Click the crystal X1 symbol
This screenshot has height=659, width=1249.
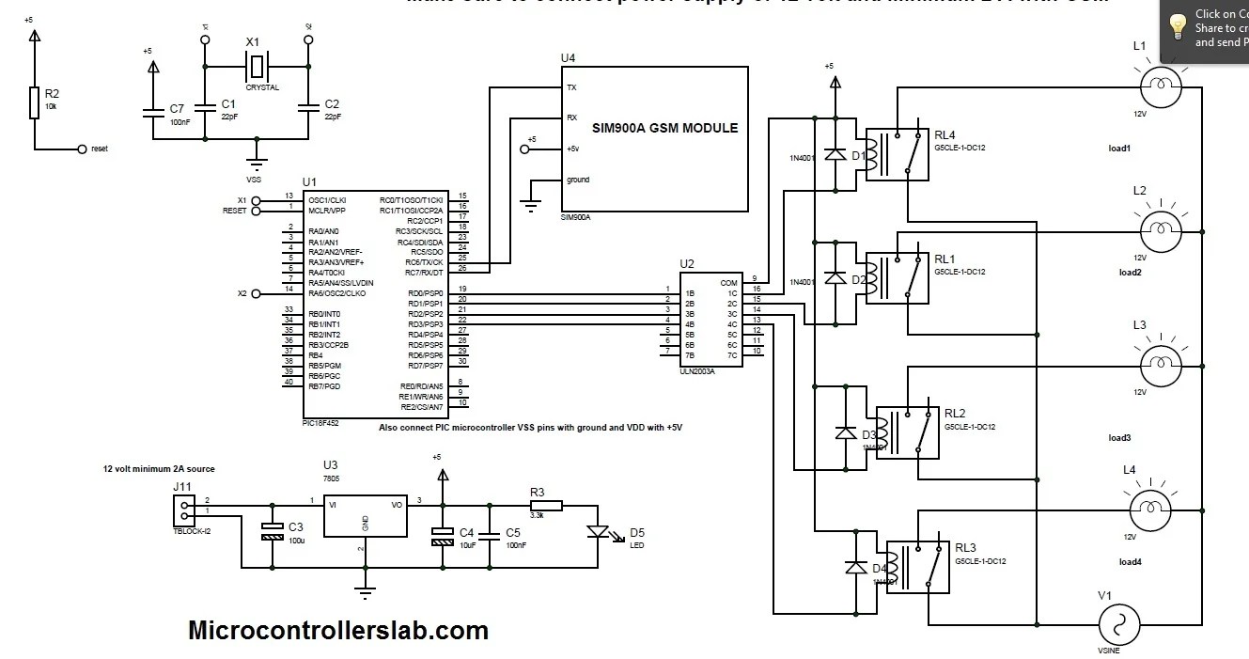point(256,66)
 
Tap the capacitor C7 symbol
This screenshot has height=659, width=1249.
point(152,113)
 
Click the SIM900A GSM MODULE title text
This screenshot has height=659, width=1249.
point(664,128)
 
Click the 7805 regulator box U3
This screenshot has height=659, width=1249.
point(363,511)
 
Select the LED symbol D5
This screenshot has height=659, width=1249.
point(597,531)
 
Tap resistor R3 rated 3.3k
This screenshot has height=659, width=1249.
point(545,505)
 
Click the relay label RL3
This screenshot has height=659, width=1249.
point(965,547)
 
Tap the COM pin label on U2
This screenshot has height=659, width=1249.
point(727,282)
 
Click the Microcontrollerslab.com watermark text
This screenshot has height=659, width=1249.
point(338,630)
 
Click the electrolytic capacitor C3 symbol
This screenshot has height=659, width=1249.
point(272,531)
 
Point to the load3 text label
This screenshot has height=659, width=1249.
point(1119,438)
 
